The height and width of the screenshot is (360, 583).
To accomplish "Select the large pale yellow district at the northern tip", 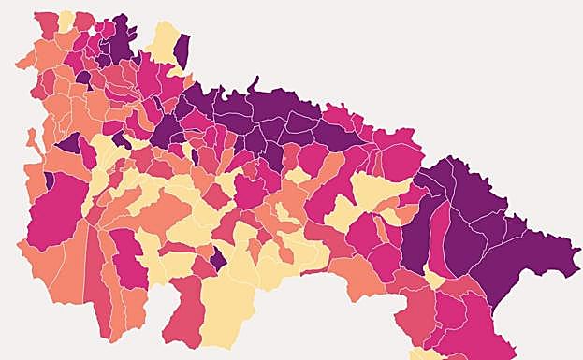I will [x=163, y=43].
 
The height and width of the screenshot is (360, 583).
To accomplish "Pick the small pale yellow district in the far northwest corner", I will [x=66, y=21].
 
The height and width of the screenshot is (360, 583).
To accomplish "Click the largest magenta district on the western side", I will [x=58, y=208].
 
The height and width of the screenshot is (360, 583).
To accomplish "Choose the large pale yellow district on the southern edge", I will [x=227, y=309].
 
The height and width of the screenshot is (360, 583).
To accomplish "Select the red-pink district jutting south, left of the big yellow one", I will [x=183, y=313].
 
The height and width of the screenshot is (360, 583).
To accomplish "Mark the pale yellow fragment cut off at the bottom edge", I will [x=427, y=354].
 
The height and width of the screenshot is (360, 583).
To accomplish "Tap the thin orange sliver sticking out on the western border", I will [x=30, y=140].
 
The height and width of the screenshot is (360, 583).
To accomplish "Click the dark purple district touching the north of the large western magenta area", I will [x=68, y=144].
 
